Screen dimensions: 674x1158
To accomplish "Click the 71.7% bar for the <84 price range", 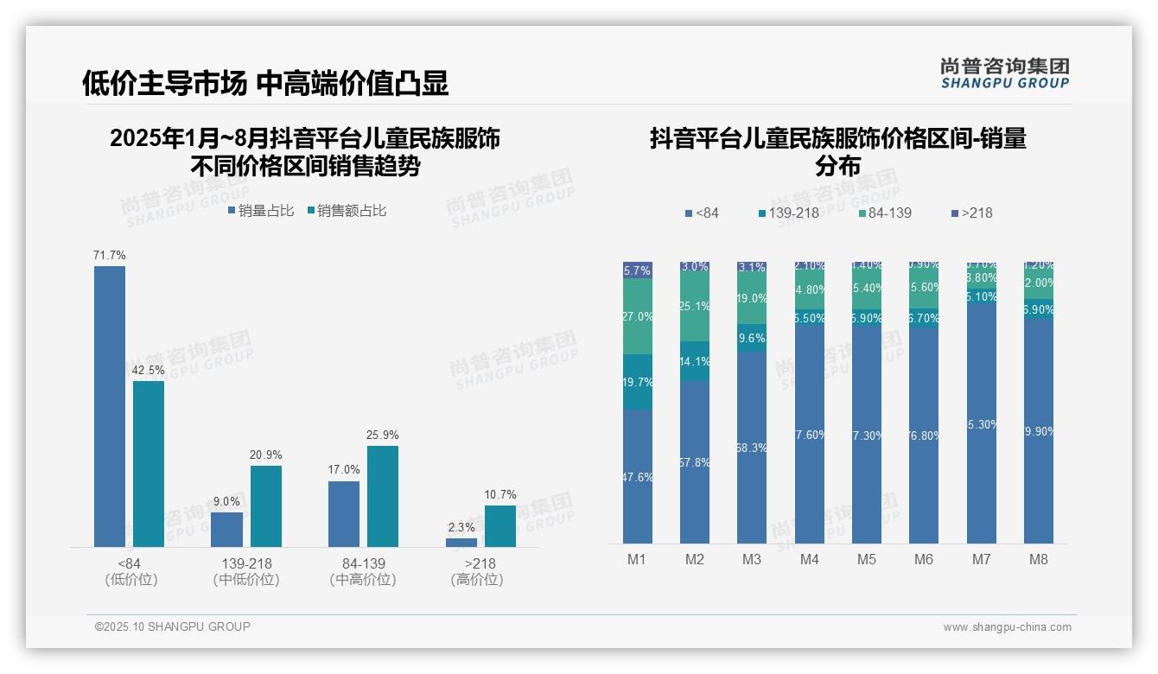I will pyautogui.click(x=110, y=406).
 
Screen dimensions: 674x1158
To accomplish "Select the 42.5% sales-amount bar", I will pyautogui.click(x=149, y=464).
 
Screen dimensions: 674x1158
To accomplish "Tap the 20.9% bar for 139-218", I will pyautogui.click(x=266, y=506).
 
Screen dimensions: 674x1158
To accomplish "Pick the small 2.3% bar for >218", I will pyautogui.click(x=461, y=543).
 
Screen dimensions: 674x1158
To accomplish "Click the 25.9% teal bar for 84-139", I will pyautogui.click(x=383, y=496).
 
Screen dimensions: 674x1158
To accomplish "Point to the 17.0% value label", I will pyautogui.click(x=344, y=470).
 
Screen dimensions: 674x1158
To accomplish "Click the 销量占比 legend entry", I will pyautogui.click(x=261, y=211).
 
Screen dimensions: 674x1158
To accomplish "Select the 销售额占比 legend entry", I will pyautogui.click(x=347, y=211).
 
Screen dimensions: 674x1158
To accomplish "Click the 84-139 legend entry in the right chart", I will pyautogui.click(x=884, y=213).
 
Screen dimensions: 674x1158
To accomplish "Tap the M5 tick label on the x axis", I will pyautogui.click(x=867, y=560).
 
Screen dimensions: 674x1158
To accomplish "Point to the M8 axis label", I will pyautogui.click(x=1039, y=560).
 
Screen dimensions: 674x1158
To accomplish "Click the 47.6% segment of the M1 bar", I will pyautogui.click(x=638, y=477).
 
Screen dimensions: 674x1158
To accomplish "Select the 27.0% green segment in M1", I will pyautogui.click(x=638, y=316).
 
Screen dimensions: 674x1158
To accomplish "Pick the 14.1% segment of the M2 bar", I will pyautogui.click(x=695, y=362).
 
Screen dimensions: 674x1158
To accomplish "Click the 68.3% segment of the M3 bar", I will pyautogui.click(x=752, y=448).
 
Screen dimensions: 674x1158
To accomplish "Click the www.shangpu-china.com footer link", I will pyautogui.click(x=1007, y=627).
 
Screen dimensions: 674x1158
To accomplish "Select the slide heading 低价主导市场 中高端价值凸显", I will pyautogui.click(x=265, y=84).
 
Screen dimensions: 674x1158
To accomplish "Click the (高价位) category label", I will pyautogui.click(x=477, y=580).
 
